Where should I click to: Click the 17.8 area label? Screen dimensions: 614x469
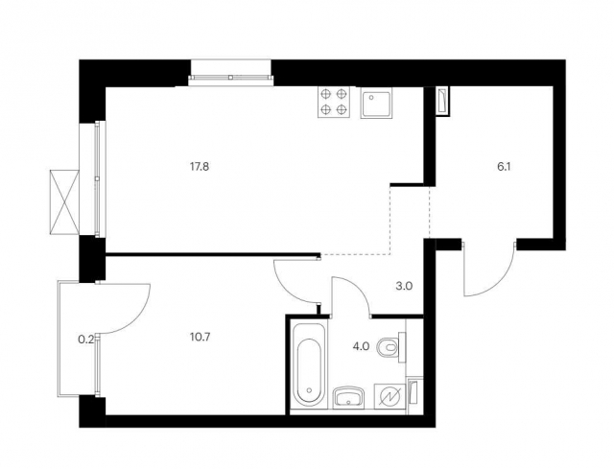click(x=200, y=167)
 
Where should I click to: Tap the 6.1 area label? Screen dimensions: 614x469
click(x=504, y=167)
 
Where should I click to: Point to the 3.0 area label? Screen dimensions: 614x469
click(x=404, y=286)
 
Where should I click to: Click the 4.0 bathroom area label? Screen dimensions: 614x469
click(x=361, y=346)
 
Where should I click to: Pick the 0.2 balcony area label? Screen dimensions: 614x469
click(x=86, y=340)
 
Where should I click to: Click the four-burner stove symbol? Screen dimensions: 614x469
click(x=333, y=103)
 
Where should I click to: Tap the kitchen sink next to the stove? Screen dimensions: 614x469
click(x=376, y=103)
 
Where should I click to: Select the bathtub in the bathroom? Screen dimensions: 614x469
click(x=309, y=363)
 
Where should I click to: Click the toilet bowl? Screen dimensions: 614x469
click(x=390, y=346)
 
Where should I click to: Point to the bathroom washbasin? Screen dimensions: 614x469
click(x=348, y=397)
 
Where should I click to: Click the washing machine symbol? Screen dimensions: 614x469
click(x=390, y=396)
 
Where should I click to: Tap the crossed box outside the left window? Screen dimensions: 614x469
click(x=64, y=202)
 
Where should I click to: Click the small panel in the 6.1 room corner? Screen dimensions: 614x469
click(x=443, y=101)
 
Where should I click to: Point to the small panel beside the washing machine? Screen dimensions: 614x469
click(x=413, y=392)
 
